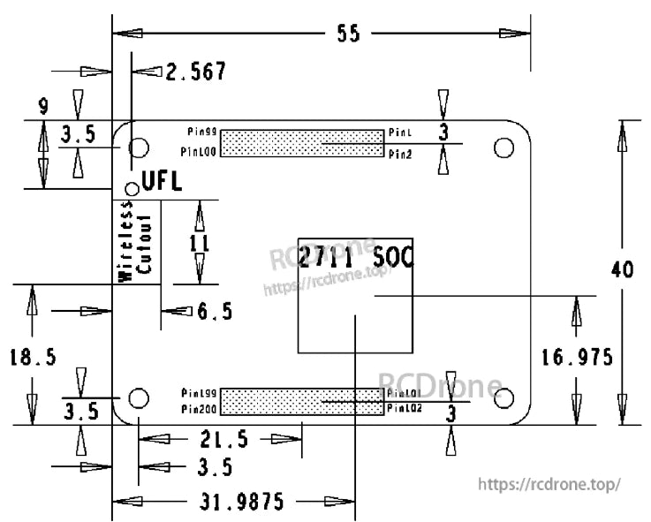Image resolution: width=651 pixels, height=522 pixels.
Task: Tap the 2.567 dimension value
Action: (x=196, y=72)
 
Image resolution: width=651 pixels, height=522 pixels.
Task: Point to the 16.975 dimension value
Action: (x=577, y=357)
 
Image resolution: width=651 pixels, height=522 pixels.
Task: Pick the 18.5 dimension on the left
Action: (x=33, y=357)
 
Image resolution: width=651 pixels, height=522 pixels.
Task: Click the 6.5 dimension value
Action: (x=215, y=311)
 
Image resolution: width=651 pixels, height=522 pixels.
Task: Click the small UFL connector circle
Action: (x=132, y=185)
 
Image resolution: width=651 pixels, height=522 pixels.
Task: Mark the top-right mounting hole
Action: (x=503, y=147)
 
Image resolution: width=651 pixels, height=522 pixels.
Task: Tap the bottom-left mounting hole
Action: (x=138, y=397)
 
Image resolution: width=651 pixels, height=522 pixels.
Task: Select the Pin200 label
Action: (x=200, y=409)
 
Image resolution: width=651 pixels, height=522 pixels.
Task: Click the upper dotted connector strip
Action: (x=301, y=143)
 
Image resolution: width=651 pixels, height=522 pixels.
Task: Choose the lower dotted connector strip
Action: (x=301, y=401)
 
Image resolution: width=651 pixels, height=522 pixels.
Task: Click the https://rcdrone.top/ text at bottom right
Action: (x=549, y=484)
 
